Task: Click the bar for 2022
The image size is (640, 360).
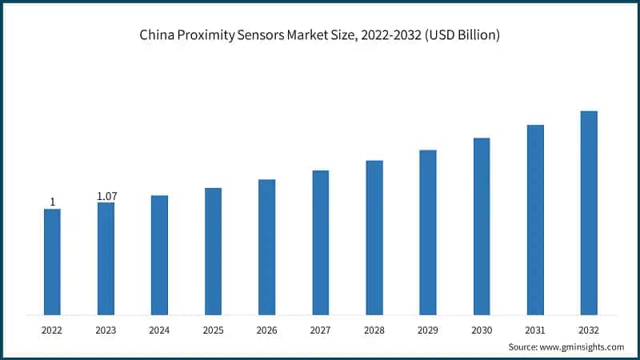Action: (52, 262)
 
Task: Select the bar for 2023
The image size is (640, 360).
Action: (106, 258)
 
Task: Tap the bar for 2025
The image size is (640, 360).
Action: (213, 251)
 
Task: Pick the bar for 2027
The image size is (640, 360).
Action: (321, 242)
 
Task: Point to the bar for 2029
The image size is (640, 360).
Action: (428, 232)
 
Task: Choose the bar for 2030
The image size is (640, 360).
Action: (482, 226)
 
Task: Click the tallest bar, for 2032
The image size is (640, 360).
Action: (589, 213)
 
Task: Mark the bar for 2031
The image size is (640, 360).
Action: (535, 220)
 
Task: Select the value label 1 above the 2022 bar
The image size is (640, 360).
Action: (53, 202)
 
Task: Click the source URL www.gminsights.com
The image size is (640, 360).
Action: (583, 347)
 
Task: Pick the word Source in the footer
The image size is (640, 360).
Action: (524, 347)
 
